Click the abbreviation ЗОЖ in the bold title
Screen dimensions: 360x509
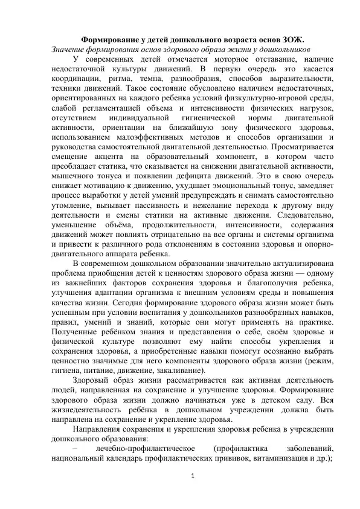point(292,36)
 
